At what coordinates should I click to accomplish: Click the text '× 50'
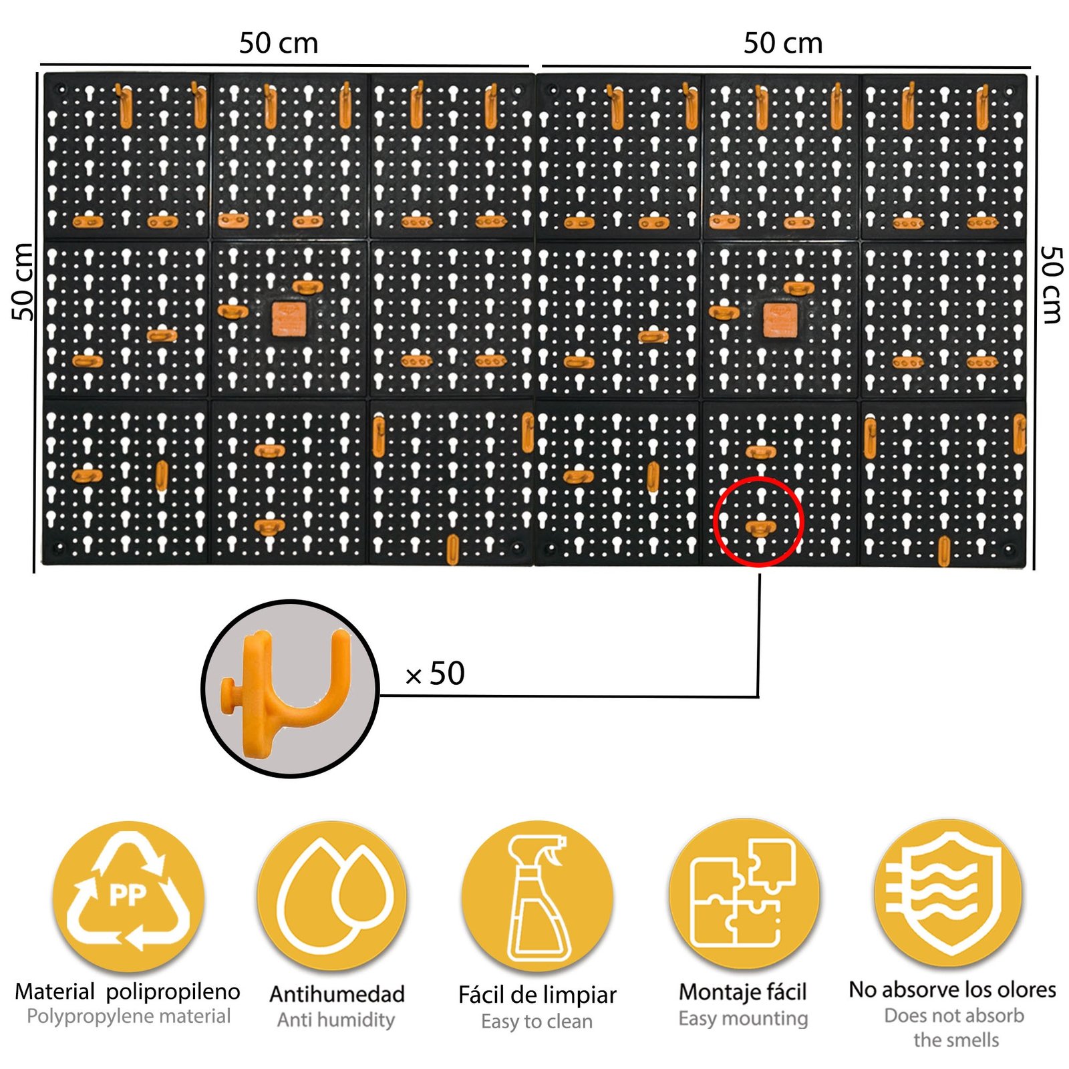click(435, 673)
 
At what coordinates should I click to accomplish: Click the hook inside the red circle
click(760, 528)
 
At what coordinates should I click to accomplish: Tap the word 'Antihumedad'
click(337, 994)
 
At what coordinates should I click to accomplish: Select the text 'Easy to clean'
click(537, 1021)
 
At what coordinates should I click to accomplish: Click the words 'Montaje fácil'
click(743, 992)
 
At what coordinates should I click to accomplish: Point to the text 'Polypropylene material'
click(128, 1016)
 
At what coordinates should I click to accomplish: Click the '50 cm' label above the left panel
click(279, 43)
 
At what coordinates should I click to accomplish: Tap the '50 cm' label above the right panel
click(783, 43)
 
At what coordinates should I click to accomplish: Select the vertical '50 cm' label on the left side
click(23, 281)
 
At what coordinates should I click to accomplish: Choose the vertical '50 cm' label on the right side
click(1052, 285)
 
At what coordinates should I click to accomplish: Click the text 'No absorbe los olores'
click(952, 989)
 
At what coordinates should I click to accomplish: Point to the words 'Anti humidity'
click(336, 1020)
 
